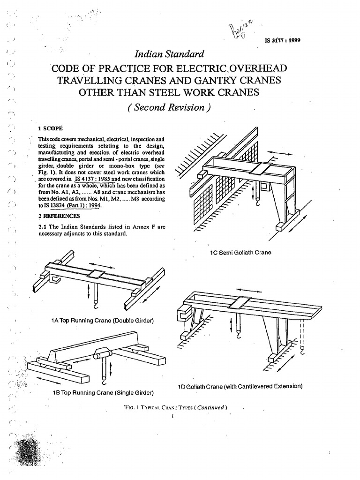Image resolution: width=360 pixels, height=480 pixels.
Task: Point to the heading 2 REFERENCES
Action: click(59, 216)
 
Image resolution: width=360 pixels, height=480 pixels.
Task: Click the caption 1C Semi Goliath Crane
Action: click(240, 252)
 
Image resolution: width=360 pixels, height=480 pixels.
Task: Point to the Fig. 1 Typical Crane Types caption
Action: click(173, 407)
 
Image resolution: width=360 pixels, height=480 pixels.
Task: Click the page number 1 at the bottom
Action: click(173, 415)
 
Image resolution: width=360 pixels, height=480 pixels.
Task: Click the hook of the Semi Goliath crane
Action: click(258, 203)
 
